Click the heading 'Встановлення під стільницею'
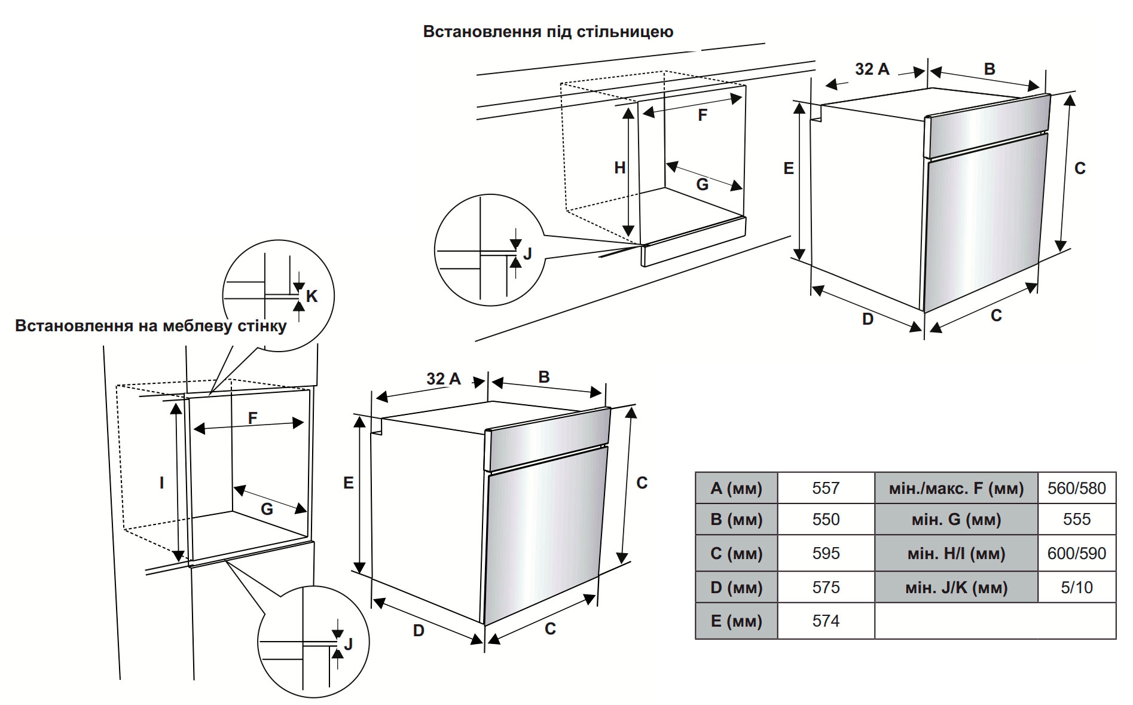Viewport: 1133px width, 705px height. point(548,31)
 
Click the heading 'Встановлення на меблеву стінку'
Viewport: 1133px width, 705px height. point(151,326)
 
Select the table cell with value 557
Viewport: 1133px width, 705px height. point(826,488)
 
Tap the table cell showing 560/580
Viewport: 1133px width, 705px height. point(1076,488)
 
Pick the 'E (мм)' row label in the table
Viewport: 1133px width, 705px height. point(736,621)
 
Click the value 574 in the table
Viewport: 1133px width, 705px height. point(826,621)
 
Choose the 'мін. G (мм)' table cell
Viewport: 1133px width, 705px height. point(955,519)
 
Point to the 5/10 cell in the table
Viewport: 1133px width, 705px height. point(1076,587)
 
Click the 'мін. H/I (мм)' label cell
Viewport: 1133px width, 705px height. point(955,553)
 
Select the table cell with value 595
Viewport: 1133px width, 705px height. point(826,553)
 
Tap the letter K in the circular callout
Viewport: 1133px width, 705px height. point(312,296)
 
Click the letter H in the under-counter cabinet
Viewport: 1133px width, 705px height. point(620,168)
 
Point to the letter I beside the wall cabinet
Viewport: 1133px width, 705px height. point(161,483)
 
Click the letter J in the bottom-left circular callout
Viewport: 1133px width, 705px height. point(349,644)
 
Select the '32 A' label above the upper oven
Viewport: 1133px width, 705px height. point(872,69)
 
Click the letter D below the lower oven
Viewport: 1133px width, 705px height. point(419,630)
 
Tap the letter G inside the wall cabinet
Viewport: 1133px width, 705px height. point(267,509)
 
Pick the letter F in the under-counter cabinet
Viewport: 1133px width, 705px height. point(703,115)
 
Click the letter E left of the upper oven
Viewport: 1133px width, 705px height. point(789,169)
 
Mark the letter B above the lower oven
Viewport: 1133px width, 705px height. point(543,377)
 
